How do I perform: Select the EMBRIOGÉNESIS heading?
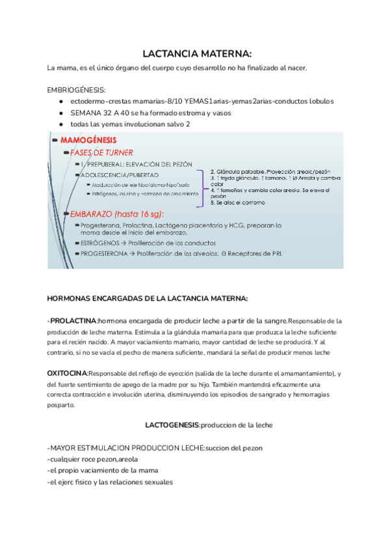coord(77,90)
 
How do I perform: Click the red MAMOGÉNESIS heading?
coord(88,139)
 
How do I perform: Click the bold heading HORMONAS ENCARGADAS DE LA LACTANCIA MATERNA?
coord(148,298)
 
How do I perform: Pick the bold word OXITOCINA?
coord(68,374)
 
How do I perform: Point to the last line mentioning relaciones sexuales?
coord(110,482)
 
